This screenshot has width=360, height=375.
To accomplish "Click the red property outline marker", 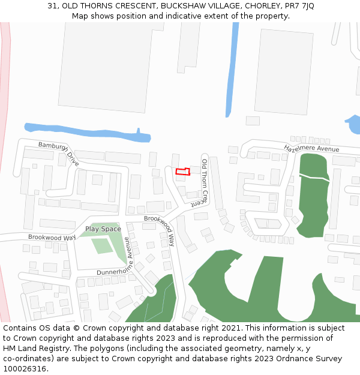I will (x=182, y=172).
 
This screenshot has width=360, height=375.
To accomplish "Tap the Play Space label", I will (x=103, y=229).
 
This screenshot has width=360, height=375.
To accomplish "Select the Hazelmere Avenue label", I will (x=311, y=148).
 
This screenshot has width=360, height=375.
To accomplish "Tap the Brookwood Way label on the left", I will (x=52, y=238).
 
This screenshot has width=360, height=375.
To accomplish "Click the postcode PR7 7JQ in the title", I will (x=298, y=6).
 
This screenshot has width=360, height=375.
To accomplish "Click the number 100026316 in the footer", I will (x=24, y=369).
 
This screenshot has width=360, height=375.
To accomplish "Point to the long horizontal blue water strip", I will (x=84, y=130).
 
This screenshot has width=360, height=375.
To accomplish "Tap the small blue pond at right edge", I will (x=353, y=124).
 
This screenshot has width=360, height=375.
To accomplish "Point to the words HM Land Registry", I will (x=33, y=349).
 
